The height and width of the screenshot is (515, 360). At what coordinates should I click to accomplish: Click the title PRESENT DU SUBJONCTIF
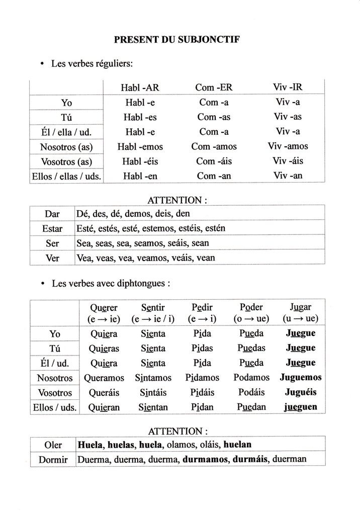(x=179, y=39)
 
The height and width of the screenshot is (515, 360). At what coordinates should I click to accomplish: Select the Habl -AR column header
(x=140, y=88)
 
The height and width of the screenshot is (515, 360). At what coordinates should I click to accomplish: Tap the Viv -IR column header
(x=288, y=87)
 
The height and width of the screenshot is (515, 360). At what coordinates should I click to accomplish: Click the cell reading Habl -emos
(x=140, y=147)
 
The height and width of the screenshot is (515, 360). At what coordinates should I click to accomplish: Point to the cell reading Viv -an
(x=288, y=176)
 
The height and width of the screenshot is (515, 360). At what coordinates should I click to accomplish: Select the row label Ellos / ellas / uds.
(x=66, y=177)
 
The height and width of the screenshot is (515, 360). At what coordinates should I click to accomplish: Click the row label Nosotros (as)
(x=66, y=147)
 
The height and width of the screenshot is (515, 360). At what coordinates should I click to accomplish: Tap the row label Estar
(x=52, y=229)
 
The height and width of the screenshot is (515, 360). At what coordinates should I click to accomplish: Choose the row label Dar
(x=52, y=214)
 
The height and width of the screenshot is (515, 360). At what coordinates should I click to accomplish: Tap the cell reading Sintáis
(x=153, y=393)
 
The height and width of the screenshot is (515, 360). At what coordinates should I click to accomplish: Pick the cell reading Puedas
(x=252, y=348)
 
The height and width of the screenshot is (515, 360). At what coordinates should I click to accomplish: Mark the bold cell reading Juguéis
(x=301, y=393)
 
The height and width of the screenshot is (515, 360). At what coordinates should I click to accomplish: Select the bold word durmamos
(x=205, y=459)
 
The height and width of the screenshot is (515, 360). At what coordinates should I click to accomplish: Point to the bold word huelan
(x=237, y=445)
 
